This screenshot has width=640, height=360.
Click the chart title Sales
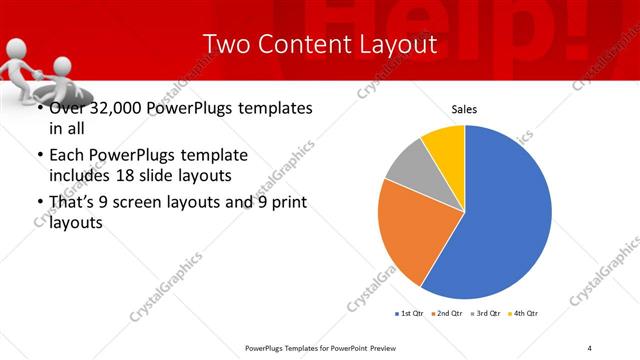[x=464, y=109]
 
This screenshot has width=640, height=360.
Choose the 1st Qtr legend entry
[x=411, y=314]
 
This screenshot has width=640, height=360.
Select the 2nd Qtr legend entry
[x=448, y=314]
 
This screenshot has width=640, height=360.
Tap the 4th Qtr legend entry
[x=525, y=314]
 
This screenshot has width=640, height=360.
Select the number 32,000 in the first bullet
[x=111, y=108]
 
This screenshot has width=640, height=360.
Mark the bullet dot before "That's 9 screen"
[x=39, y=203]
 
